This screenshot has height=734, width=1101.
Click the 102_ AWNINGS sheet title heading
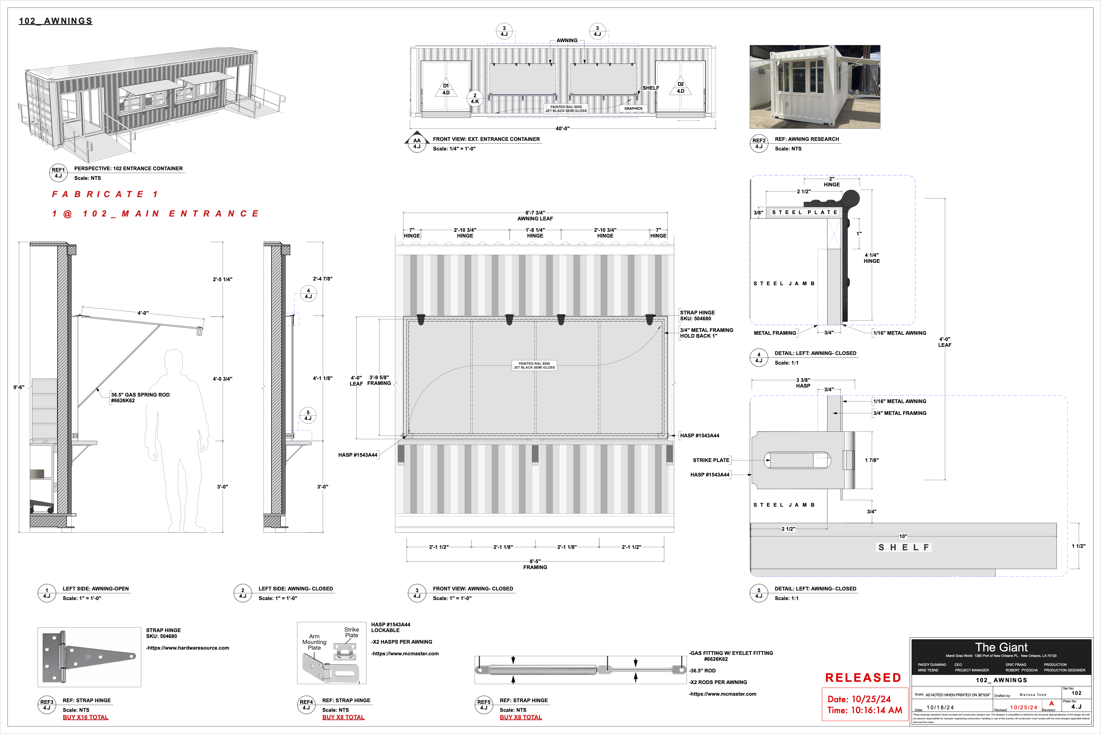(55, 21)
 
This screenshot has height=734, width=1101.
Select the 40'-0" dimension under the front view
(562, 128)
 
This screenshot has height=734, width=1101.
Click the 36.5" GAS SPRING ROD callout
(140, 397)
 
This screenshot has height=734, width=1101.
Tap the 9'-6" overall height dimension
(19, 387)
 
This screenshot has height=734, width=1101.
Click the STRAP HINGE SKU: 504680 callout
(697, 315)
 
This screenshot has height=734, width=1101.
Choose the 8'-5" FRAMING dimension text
(535, 564)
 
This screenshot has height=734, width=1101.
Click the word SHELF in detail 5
(903, 547)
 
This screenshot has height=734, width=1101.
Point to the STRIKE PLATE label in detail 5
(711, 460)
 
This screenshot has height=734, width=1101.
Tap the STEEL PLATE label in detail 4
(804, 212)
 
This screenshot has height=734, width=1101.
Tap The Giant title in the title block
(1001, 647)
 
